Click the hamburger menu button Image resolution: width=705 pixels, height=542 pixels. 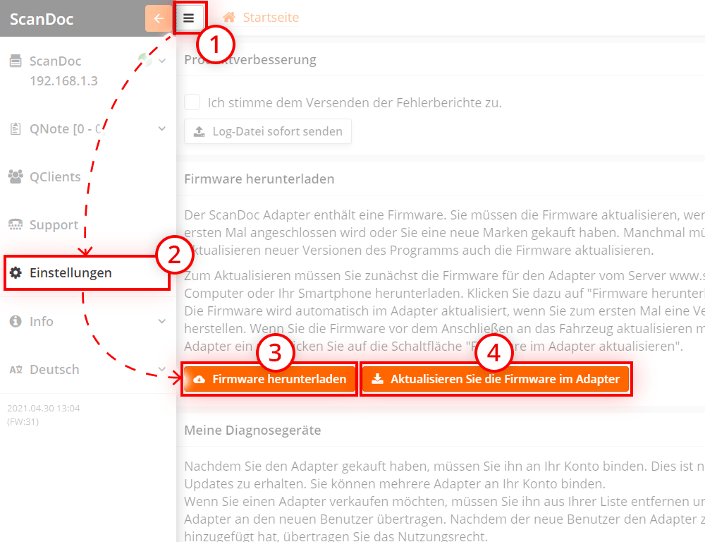click(189, 18)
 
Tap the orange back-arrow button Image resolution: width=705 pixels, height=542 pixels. click(158, 18)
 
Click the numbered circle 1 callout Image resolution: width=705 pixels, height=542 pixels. click(215, 44)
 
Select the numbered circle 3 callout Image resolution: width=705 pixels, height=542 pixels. click(274, 353)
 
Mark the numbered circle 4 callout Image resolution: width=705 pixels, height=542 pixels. click(493, 353)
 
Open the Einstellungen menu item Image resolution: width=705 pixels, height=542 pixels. click(70, 273)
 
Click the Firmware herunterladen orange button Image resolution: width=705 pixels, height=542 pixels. click(271, 379)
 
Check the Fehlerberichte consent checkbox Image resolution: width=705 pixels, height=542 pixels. click(192, 102)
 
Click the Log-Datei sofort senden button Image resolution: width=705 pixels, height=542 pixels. click(268, 131)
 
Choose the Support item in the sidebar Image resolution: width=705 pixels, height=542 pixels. click(54, 225)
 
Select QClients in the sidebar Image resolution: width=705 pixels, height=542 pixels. click(55, 177)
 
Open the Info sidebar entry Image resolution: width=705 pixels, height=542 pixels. click(41, 321)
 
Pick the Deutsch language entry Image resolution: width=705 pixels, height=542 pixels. click(54, 369)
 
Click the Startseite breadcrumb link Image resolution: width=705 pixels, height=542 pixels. click(271, 18)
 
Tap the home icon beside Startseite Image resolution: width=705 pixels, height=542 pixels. click(229, 18)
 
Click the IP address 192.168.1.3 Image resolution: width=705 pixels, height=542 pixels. click(63, 80)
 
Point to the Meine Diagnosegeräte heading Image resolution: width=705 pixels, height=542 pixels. click(252, 430)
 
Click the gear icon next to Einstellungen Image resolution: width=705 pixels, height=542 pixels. click(16, 273)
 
